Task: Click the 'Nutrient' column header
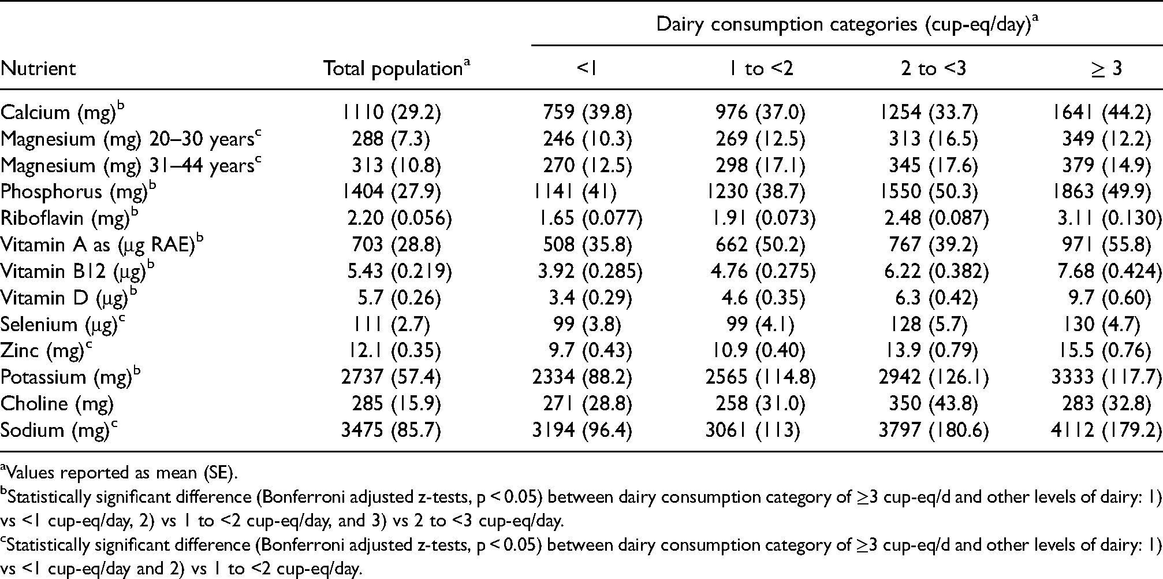click(x=38, y=69)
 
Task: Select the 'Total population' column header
click(x=397, y=69)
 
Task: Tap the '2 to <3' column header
click(x=933, y=69)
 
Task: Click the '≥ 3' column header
click(x=1106, y=69)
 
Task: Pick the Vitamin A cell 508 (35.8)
click(x=587, y=245)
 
